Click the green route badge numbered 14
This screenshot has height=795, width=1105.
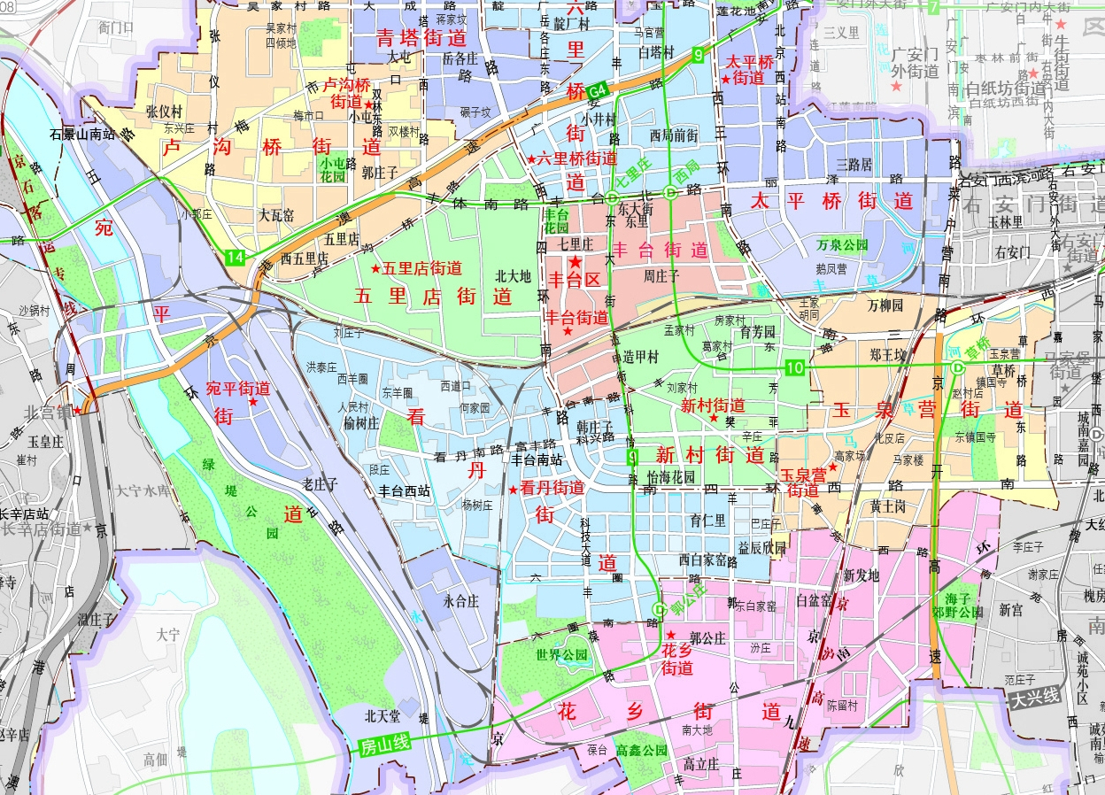coord(235,257)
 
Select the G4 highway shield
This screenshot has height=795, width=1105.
coord(599,89)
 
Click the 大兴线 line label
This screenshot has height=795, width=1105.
coord(1035,697)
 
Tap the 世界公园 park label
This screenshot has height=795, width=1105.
coord(561,655)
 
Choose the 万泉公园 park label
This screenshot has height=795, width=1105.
coord(842,244)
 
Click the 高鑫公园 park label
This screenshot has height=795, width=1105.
coord(641,750)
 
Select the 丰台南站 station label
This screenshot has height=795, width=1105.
coord(537,459)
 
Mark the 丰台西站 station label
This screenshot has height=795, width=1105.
coord(405,490)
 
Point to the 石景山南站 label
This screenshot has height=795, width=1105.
coord(83,135)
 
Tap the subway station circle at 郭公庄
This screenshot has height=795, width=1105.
coord(659,609)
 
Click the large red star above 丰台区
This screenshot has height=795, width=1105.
coord(576,262)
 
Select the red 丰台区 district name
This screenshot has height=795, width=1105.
coord(575,281)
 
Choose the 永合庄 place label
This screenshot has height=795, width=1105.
coord(460,600)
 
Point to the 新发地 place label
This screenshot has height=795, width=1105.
coord(862,575)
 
